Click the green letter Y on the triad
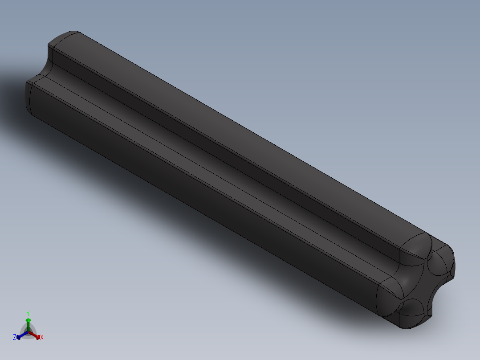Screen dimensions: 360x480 (x=28, y=313)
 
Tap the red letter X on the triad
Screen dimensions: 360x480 (x=41, y=338)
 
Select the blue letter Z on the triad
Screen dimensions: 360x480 (x=15, y=338)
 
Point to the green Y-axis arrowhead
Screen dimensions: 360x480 (x=28, y=320)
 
